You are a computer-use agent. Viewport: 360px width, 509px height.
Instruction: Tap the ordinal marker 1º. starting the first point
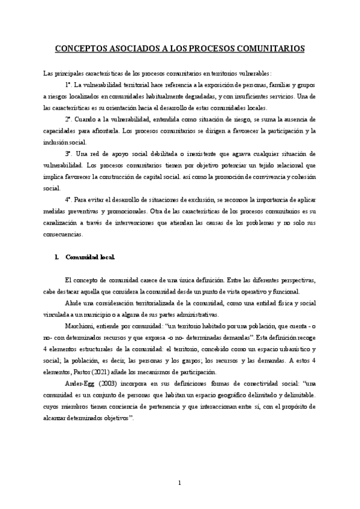point(70,85)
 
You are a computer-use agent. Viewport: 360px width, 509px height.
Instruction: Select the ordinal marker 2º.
point(70,119)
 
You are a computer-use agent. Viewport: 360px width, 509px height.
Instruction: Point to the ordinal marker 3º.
point(70,154)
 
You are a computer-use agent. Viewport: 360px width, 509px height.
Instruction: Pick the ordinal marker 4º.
point(70,197)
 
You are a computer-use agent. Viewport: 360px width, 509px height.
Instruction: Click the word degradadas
point(196,96)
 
